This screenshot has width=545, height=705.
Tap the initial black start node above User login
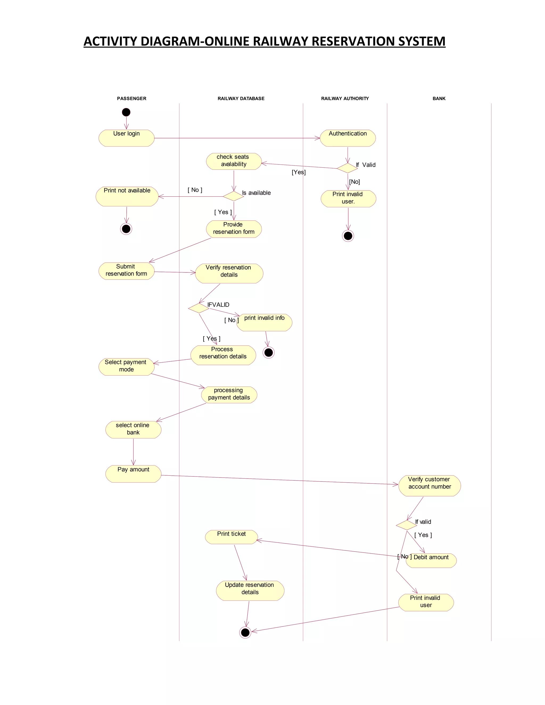click(x=126, y=112)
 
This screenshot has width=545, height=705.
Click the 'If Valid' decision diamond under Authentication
click(x=347, y=168)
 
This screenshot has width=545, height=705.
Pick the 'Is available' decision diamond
click(x=233, y=196)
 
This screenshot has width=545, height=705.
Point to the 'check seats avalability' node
click(x=233, y=161)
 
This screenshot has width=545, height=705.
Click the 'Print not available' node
click(x=127, y=196)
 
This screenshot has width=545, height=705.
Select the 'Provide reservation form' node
click(x=233, y=229)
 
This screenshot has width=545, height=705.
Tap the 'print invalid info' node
click(x=264, y=322)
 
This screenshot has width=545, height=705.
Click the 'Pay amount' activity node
click(x=133, y=474)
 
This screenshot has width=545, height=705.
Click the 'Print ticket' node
click(x=231, y=537)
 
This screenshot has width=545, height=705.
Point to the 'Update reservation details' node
click(x=250, y=590)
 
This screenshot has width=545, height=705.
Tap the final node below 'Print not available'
click(x=126, y=229)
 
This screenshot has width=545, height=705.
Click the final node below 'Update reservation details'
click(x=245, y=632)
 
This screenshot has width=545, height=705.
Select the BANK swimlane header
click(x=439, y=98)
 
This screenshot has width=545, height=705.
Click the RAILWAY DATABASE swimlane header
click(x=241, y=98)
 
